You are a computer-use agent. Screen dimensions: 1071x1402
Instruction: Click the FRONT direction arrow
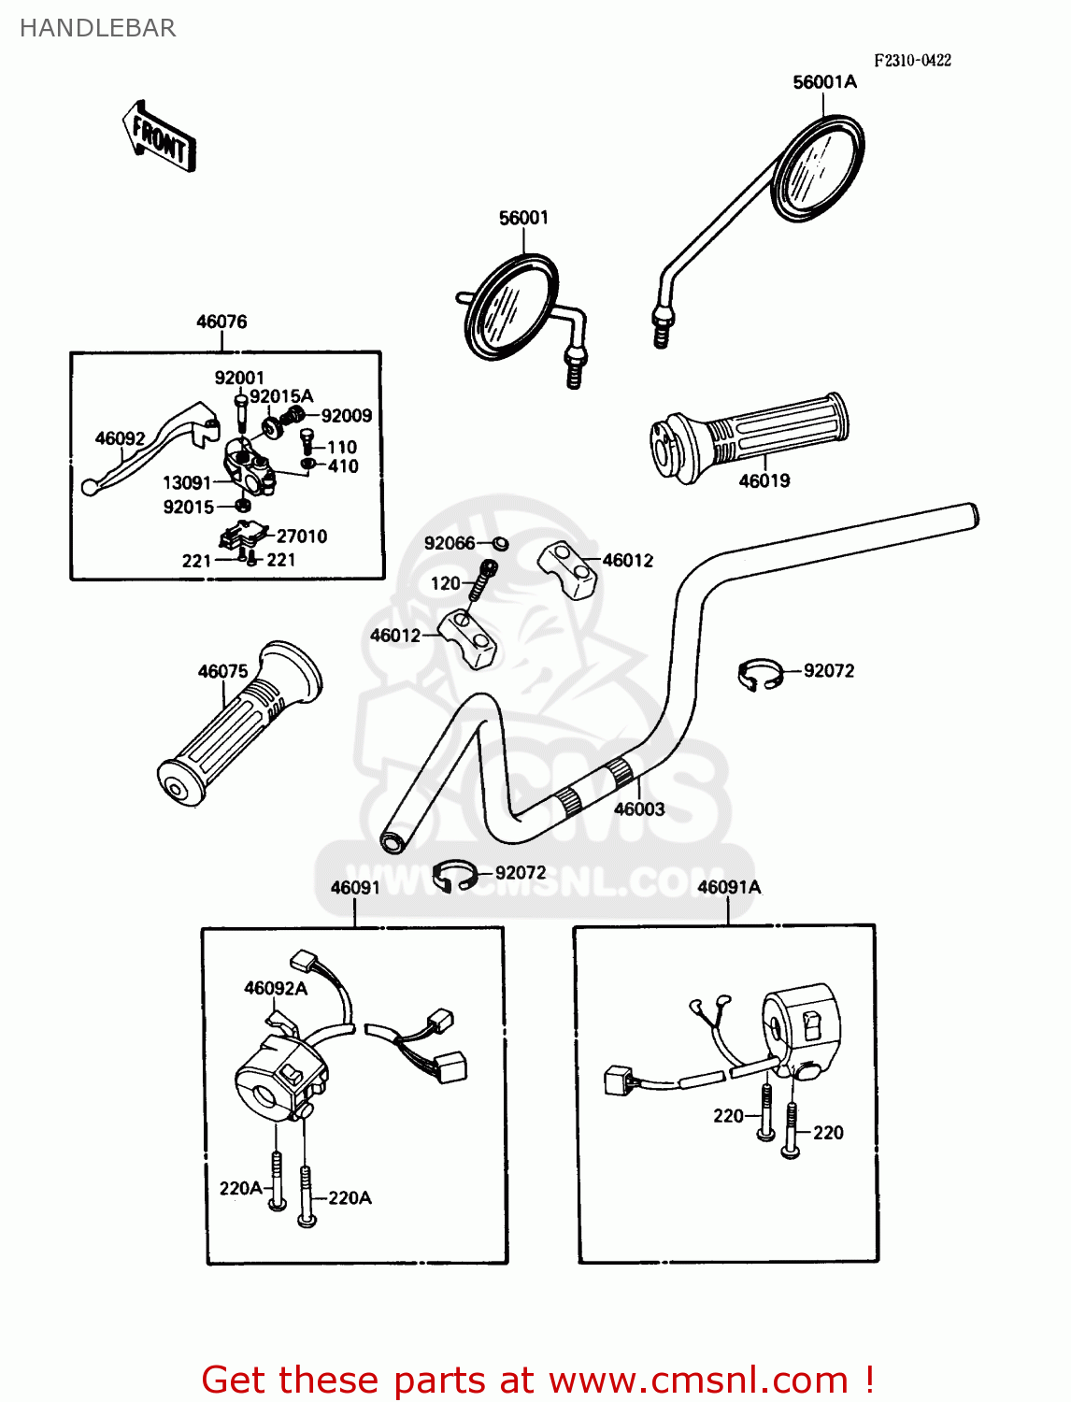[x=158, y=136]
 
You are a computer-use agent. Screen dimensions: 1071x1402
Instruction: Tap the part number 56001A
[x=824, y=82]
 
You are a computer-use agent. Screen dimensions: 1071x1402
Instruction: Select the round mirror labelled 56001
[x=512, y=308]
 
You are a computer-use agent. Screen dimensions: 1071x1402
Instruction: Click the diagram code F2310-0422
[x=912, y=61]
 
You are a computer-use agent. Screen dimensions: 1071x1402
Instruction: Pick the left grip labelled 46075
[x=239, y=722]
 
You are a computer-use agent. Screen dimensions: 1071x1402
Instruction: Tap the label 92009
[x=346, y=416]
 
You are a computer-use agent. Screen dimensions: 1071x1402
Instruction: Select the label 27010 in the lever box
[x=302, y=536]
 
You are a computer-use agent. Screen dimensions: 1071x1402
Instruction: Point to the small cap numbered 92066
[x=500, y=544]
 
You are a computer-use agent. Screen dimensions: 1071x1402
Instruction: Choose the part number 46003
[x=639, y=809]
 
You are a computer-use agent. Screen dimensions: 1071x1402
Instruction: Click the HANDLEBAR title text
[x=98, y=28]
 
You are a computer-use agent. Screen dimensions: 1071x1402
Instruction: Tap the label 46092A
[x=276, y=989]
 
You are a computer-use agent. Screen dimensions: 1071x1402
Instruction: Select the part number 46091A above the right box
[x=729, y=887]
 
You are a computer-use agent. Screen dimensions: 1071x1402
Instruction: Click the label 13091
[x=187, y=483]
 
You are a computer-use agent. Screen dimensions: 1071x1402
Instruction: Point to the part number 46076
[x=221, y=322]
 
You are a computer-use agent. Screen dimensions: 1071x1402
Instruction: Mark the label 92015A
[x=281, y=396]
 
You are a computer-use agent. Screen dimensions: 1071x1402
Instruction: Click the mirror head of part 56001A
[x=818, y=168]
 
